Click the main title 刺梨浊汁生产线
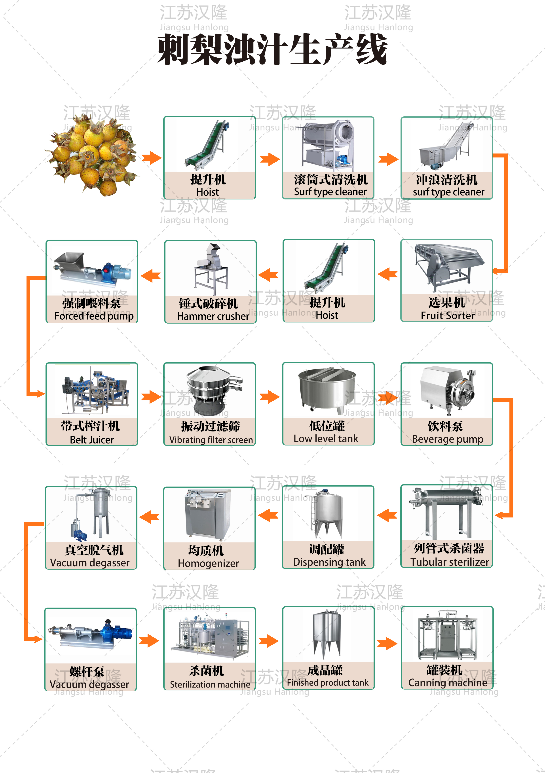(x=272, y=50)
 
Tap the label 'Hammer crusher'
(x=213, y=316)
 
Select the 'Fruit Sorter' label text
(x=447, y=315)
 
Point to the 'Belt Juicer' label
(x=92, y=440)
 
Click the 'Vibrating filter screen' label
(x=211, y=440)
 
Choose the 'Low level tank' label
(x=326, y=439)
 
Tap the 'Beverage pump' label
(x=447, y=439)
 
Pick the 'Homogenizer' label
(x=208, y=563)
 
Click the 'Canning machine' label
(x=447, y=682)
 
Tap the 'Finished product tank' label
(x=327, y=682)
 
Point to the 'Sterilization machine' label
(x=210, y=684)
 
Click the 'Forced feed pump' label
(x=94, y=316)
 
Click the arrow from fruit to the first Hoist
(x=151, y=158)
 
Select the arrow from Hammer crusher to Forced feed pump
(x=151, y=276)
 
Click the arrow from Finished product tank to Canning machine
(x=387, y=644)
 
